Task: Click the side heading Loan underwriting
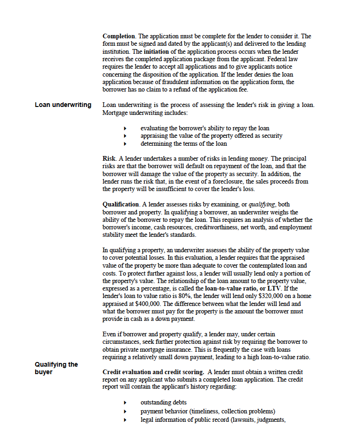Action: pyautogui.click(x=63, y=105)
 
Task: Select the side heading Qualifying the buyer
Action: pyautogui.click(x=56, y=368)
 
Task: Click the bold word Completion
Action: pyautogui.click(x=119, y=36)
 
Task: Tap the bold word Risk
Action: pyautogui.click(x=109, y=158)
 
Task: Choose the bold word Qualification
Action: pyautogui.click(x=121, y=204)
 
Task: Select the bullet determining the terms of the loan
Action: pyautogui.click(x=184, y=143)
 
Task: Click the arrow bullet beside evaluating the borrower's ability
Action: pyautogui.click(x=125, y=128)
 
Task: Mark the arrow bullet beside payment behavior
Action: pyautogui.click(x=125, y=412)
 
